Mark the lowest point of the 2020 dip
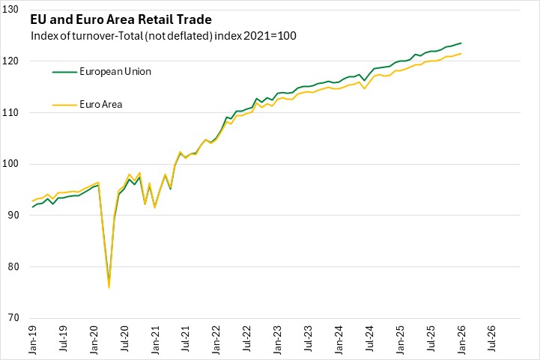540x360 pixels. click(109, 287)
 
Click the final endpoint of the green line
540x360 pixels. click(461, 43)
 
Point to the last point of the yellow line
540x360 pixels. click(461, 53)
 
